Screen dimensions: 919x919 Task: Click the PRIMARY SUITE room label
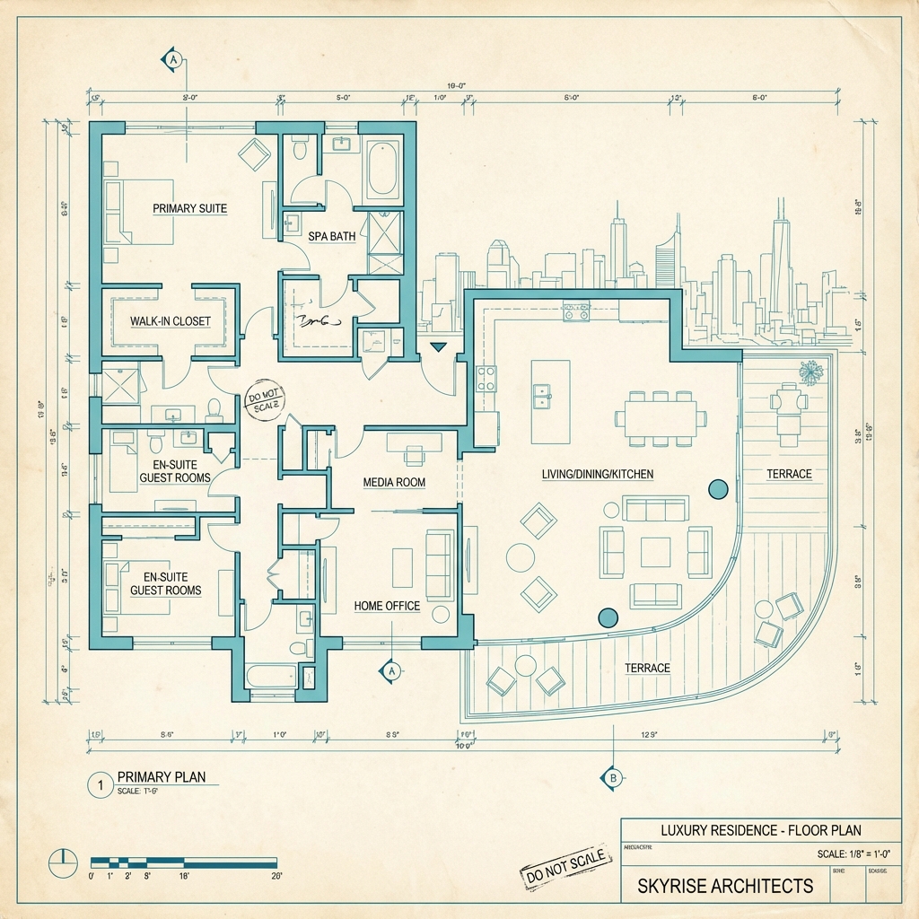pyautogui.click(x=189, y=208)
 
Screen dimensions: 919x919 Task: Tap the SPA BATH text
pyautogui.click(x=332, y=236)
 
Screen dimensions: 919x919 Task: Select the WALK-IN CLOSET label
pyautogui.click(x=171, y=321)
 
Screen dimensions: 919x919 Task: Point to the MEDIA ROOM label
pyautogui.click(x=394, y=482)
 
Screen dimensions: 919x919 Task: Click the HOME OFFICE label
pyautogui.click(x=387, y=606)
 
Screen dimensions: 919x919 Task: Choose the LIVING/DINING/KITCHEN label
pyautogui.click(x=598, y=473)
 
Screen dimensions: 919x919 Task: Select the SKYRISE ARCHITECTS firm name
pyautogui.click(x=725, y=886)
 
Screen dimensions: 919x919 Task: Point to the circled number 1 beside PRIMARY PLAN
pyautogui.click(x=99, y=783)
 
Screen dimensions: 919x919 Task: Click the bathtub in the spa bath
pyautogui.click(x=382, y=170)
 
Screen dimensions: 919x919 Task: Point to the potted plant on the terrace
pyautogui.click(x=811, y=372)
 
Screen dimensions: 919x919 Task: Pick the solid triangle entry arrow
pyautogui.click(x=438, y=346)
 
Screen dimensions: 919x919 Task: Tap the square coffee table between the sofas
pyautogui.click(x=655, y=551)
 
